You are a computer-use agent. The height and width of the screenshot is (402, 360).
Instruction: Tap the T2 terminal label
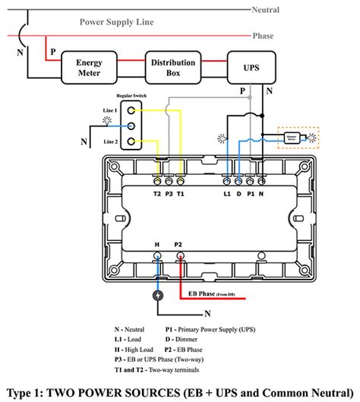pos(156,194)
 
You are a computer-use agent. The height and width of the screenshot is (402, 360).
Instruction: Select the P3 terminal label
pos(169,194)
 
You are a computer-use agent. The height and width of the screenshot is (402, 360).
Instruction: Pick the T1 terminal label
pos(181,194)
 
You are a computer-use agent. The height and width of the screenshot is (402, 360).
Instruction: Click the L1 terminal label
pos(226,194)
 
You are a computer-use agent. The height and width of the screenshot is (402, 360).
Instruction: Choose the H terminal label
pos(157,245)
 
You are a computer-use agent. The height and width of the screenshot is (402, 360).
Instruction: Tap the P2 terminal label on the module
pos(179,245)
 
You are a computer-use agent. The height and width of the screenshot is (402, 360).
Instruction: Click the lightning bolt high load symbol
pos(157,296)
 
